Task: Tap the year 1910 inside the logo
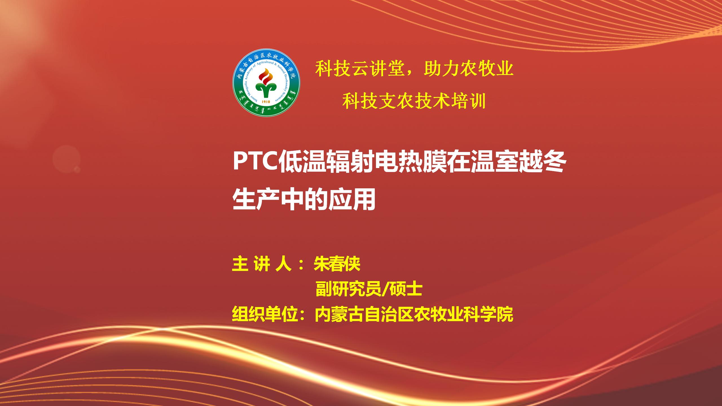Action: pos(266,101)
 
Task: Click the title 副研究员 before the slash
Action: pos(348,290)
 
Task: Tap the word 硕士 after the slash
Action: pos(406,290)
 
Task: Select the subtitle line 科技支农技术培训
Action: pos(414,101)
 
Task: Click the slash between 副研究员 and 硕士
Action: pos(385,290)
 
